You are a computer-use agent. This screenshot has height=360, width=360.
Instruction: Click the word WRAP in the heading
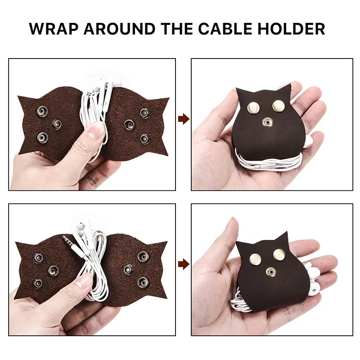(x=54, y=29)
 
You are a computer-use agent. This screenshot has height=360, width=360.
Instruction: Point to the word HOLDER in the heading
(x=291, y=29)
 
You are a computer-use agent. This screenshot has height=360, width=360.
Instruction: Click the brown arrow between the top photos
(x=184, y=119)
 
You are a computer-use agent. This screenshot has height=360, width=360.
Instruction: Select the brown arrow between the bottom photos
(x=184, y=264)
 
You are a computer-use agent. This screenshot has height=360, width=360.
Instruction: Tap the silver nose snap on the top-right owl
(x=267, y=122)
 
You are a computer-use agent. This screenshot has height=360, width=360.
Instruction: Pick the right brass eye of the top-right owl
(x=279, y=105)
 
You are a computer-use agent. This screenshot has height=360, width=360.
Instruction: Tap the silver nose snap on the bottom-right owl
(x=271, y=272)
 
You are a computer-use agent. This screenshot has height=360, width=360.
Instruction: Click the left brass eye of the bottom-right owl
(x=256, y=258)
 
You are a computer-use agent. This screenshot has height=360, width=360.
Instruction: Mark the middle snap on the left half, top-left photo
(x=57, y=124)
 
